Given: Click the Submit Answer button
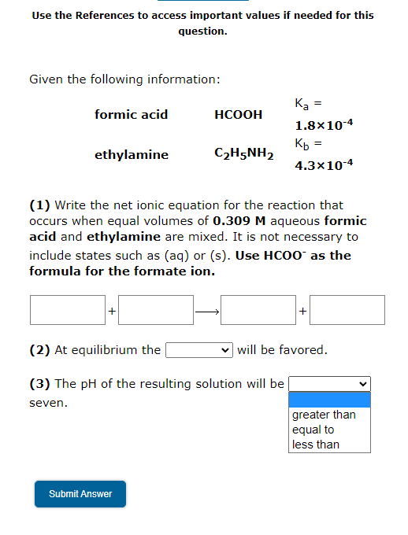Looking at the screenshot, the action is pos(80,493).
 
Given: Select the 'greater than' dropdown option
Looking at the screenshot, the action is pos(324,415).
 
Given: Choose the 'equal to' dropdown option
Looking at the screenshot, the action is pos(313,430).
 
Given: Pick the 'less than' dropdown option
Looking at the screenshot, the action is pos(316,445).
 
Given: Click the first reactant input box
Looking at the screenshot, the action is pos(68,310).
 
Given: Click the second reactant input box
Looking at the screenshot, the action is pos(156,310).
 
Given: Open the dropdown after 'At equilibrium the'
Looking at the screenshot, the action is pos(198,349).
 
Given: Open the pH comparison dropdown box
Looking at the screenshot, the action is pos(329,384).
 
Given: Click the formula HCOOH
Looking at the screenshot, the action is pos(239,115).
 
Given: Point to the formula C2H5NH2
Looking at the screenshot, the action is pos(243,154).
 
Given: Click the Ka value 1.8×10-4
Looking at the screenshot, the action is pos(324,125).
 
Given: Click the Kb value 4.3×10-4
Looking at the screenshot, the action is pos(324,165).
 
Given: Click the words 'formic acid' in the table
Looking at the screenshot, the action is pos(131,115).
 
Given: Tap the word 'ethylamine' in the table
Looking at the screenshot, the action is pos(132,155).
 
